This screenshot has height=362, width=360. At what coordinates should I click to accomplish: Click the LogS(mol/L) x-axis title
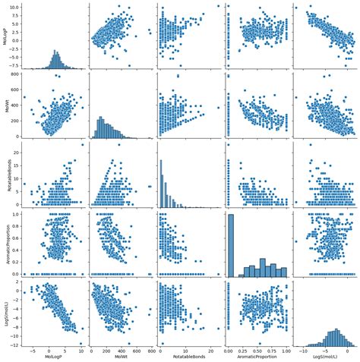pyautogui.click(x=324, y=357)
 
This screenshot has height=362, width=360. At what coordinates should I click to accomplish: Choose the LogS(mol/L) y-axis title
pyautogui.click(x=5, y=314)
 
